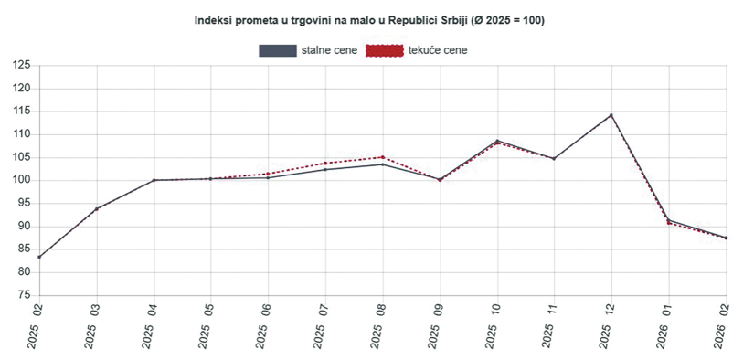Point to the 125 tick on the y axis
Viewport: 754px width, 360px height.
click(x=21, y=66)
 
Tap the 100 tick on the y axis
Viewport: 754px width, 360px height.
click(x=21, y=180)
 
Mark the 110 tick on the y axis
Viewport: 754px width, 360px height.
click(x=21, y=134)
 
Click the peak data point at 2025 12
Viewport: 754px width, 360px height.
click(x=611, y=115)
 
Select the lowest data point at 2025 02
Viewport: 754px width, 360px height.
click(x=39, y=257)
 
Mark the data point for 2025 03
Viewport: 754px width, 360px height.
click(x=96, y=208)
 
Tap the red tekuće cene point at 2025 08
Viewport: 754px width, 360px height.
click(x=382, y=157)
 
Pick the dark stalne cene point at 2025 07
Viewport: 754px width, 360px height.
click(x=325, y=169)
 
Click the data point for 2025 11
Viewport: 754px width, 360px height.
click(x=554, y=158)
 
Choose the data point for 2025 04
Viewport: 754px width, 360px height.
click(x=154, y=180)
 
